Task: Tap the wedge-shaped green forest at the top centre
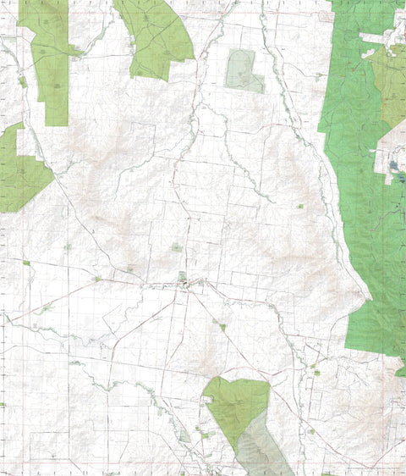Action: point(156,38)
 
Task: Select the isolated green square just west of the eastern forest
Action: point(299,206)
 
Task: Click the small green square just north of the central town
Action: point(175,247)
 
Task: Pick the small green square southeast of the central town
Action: point(222,325)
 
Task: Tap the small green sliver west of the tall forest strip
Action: point(22,82)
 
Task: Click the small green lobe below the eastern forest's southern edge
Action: point(400,370)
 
